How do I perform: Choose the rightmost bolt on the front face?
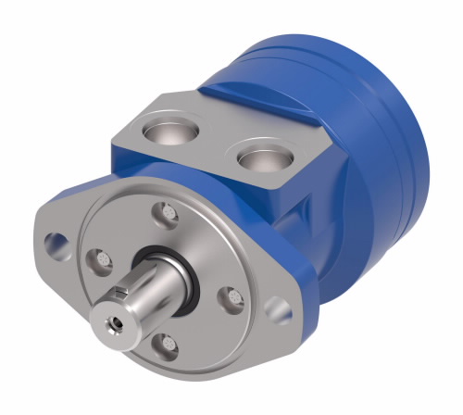[233, 296]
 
